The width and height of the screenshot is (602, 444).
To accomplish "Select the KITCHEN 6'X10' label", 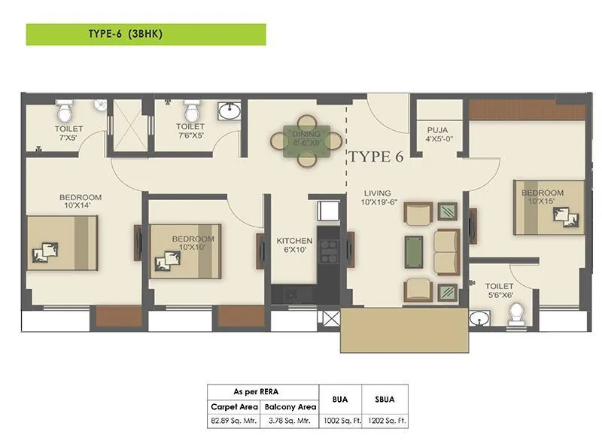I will coord(294,245).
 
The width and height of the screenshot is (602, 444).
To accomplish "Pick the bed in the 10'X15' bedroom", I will coord(549,208).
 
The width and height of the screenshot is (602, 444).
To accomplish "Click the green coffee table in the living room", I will coord(414,252).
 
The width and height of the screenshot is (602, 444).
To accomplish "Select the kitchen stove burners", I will coord(329,251).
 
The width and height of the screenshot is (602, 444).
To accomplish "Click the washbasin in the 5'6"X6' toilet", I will coord(479,319).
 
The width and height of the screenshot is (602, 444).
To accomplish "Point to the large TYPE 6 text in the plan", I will coord(375,157).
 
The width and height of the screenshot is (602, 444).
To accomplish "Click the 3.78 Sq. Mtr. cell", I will coord(290,421).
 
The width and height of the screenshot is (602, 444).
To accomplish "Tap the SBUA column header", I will coord(385,399).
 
